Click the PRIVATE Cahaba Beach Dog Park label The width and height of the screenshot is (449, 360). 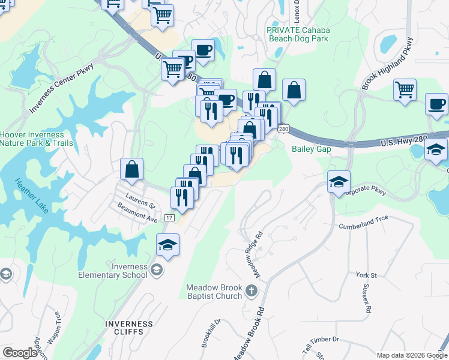pyautogui.click(x=298, y=34)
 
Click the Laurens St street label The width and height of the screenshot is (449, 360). pyautogui.click(x=140, y=199)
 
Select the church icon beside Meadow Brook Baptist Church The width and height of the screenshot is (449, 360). pyautogui.click(x=251, y=292)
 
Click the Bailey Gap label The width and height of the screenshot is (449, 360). pyautogui.click(x=312, y=149)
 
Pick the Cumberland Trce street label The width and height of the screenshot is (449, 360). pyautogui.click(x=364, y=223)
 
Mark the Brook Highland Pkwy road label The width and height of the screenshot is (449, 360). pyautogui.click(x=387, y=64)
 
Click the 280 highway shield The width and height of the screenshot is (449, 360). pyautogui.click(x=285, y=128)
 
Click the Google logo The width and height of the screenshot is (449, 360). pyautogui.click(x=20, y=353)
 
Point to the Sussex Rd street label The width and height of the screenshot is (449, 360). pyautogui.click(x=367, y=301)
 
